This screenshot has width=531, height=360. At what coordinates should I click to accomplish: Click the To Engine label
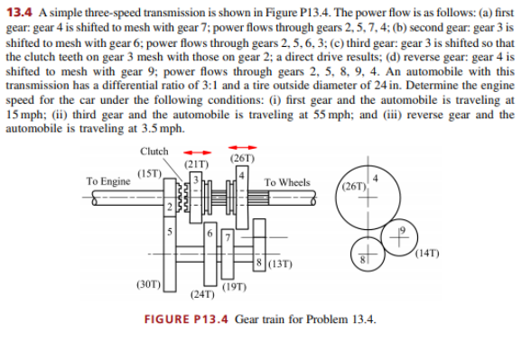point(107,181)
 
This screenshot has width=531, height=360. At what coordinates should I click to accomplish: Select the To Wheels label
point(286,183)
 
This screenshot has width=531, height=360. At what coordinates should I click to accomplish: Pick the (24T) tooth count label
point(201,294)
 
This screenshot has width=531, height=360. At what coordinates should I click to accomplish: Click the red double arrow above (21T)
point(197,152)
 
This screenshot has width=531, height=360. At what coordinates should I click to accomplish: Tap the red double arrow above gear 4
point(243,149)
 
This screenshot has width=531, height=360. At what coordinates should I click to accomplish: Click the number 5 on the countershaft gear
point(169,230)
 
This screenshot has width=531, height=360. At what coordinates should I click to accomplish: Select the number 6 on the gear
point(210,234)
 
